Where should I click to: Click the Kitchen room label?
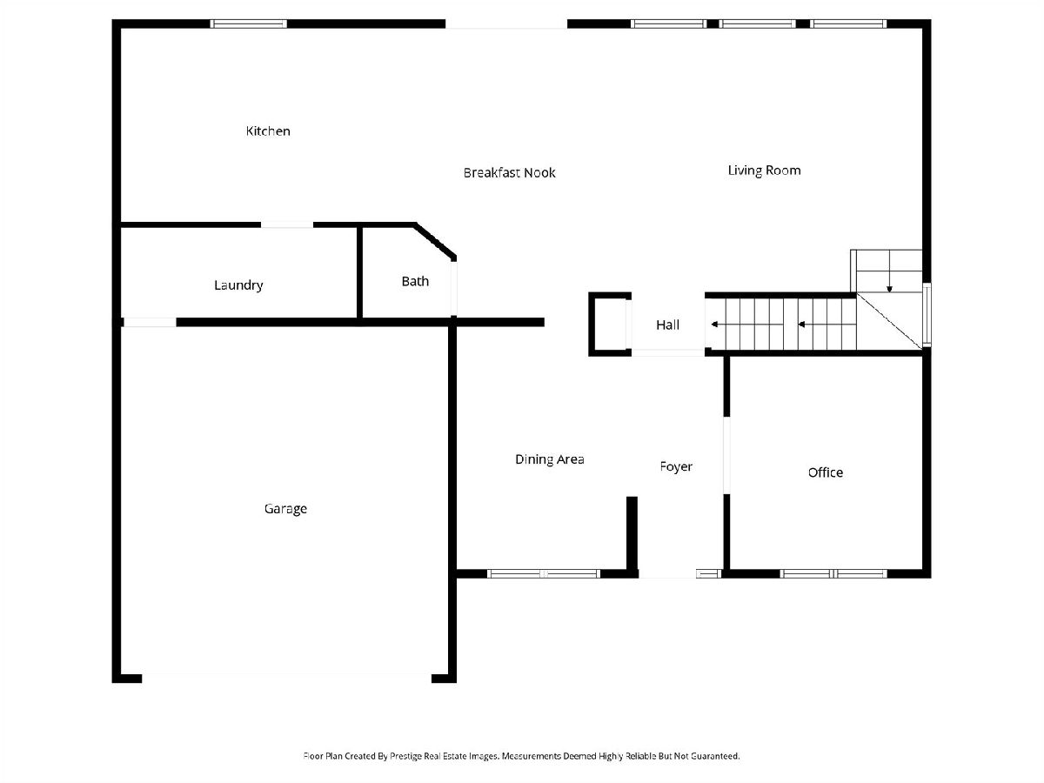[x=268, y=131]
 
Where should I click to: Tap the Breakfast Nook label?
[x=509, y=173]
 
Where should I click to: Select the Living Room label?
[x=764, y=171]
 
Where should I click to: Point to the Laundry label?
[x=238, y=285]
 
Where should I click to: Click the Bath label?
[x=415, y=282]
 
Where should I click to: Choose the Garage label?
[x=285, y=509]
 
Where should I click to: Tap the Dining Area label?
[x=549, y=459]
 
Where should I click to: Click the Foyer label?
[x=676, y=467]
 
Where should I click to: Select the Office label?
[x=825, y=472]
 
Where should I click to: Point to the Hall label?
[x=667, y=325]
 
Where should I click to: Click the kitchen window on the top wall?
[x=250, y=23]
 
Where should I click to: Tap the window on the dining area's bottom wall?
[x=544, y=573]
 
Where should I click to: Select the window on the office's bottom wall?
[x=833, y=573]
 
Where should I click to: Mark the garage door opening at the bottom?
[x=287, y=676]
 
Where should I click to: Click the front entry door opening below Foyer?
[x=666, y=574]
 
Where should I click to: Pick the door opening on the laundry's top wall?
[x=287, y=225]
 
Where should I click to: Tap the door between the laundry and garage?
[x=150, y=322]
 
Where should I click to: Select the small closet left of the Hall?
[x=610, y=324]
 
